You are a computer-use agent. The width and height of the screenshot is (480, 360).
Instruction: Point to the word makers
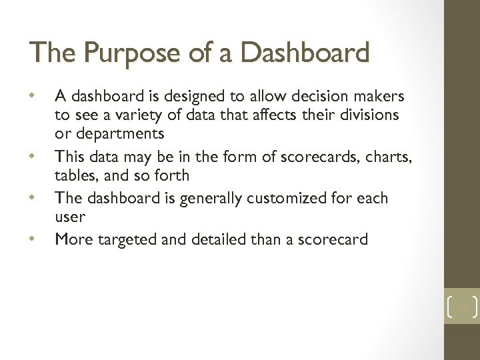pyautogui.click(x=379, y=97)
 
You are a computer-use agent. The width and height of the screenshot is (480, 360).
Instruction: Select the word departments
pyautogui.click(x=120, y=133)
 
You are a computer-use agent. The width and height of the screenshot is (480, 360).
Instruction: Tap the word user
pyautogui.click(x=69, y=217)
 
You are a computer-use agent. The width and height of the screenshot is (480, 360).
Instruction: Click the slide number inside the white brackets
pyautogui.click(x=461, y=307)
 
